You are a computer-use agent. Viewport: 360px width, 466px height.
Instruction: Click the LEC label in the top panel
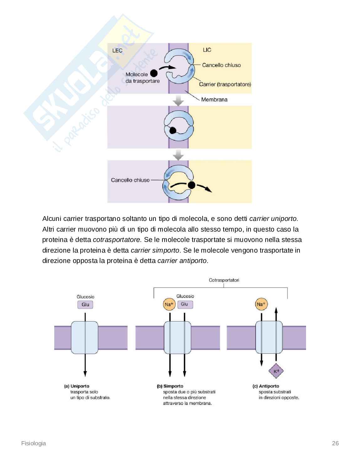[x=117, y=51]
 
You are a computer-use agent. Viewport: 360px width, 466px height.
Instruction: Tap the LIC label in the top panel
[x=207, y=50]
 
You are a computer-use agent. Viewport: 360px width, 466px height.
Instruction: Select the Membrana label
[x=214, y=99]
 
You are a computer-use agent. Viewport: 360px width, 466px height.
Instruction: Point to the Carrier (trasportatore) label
[x=225, y=84]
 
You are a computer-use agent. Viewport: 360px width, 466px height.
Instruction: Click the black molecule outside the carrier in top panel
[x=154, y=73]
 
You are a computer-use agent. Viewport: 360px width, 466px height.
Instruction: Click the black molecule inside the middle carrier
[x=172, y=130]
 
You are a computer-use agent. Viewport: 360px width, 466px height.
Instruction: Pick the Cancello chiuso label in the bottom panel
[x=130, y=180]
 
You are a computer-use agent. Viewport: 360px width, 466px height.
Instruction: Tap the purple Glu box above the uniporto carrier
[x=85, y=304]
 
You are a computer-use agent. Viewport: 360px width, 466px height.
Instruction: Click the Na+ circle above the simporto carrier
[x=169, y=304]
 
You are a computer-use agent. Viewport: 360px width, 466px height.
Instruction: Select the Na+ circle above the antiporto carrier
[x=261, y=304]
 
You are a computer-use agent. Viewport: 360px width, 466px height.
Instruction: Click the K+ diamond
[x=276, y=372]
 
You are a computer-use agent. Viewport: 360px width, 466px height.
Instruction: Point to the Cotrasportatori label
[x=224, y=280]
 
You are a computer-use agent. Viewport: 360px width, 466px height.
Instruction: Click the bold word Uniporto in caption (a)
[x=80, y=386]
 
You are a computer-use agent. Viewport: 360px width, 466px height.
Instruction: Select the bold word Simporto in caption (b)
[x=173, y=386]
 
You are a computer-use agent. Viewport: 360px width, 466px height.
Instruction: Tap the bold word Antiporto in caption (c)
[x=269, y=386]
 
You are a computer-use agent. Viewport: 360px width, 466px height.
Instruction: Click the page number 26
[x=335, y=443]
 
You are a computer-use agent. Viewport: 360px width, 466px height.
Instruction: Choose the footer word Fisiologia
[x=34, y=443]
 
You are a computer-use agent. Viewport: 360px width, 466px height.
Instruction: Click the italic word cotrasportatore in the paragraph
[x=117, y=240]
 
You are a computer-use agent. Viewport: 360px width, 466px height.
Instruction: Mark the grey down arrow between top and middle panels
[x=178, y=100]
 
